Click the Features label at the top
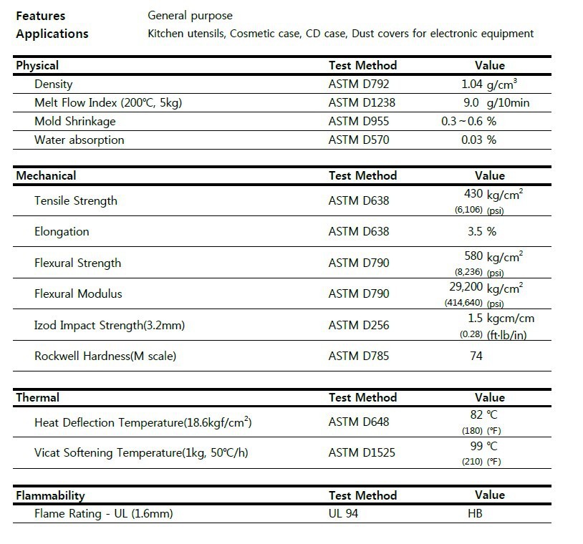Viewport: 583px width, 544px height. pos(41,15)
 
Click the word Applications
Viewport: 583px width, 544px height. pos(52,34)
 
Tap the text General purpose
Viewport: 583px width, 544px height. pos(190,15)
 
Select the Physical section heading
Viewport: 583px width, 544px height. pos(37,65)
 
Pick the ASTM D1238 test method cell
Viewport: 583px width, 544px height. pos(362,102)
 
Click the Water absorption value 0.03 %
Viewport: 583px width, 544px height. pos(479,140)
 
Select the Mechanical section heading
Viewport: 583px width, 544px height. pos(46,175)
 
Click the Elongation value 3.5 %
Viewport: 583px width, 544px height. pos(481,231)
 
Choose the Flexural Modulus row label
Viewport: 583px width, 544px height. pos(78,293)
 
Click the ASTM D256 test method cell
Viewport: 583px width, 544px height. pos(359,325)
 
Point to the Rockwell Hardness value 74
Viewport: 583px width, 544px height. pos(476,356)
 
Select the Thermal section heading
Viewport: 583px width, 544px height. pos(38,397)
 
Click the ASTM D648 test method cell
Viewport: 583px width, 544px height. pos(359,422)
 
